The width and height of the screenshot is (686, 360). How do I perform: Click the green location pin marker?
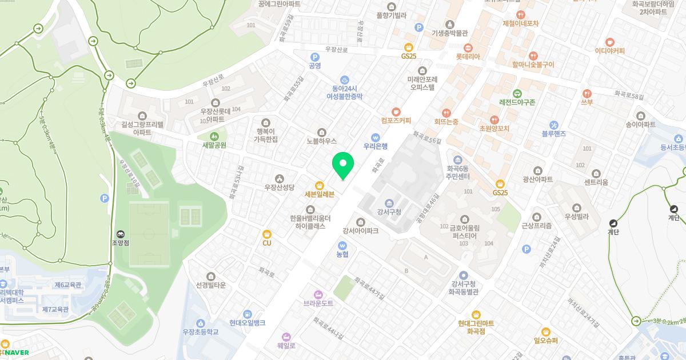[x=343, y=165]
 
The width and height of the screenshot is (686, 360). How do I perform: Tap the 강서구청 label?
[x=389, y=213]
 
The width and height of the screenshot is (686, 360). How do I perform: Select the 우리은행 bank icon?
[x=376, y=137]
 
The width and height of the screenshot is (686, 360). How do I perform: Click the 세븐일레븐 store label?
[x=319, y=194]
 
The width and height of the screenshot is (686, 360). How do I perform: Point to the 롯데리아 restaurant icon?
[x=468, y=48]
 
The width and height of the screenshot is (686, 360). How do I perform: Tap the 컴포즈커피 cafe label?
[x=396, y=121]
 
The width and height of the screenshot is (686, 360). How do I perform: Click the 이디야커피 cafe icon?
[x=609, y=42]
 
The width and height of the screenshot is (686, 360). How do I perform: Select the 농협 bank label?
[x=342, y=254]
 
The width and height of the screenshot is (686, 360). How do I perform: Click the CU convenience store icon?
[x=266, y=234]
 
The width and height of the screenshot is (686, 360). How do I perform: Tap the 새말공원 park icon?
[x=214, y=137]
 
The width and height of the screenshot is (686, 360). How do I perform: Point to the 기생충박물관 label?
[x=450, y=33]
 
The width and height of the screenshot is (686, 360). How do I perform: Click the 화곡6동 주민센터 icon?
[x=457, y=159]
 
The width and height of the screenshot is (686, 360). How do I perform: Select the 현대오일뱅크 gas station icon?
[x=247, y=314]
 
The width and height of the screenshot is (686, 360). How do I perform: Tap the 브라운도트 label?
[x=318, y=303]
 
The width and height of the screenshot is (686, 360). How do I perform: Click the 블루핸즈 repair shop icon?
[x=553, y=125]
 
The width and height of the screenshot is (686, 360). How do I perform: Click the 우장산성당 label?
[x=279, y=187]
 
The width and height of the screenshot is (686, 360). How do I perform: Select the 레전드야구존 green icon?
[x=517, y=94]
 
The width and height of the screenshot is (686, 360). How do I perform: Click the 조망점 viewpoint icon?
[x=121, y=234]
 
